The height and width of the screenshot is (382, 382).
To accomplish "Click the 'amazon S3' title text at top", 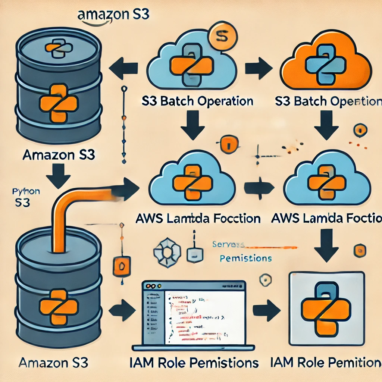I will tap(113, 16).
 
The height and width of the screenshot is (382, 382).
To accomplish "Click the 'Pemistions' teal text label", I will tap(245, 258).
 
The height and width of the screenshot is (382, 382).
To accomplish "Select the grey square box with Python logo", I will tap(327, 309).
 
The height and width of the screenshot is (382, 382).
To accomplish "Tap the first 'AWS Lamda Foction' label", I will tap(198, 218).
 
